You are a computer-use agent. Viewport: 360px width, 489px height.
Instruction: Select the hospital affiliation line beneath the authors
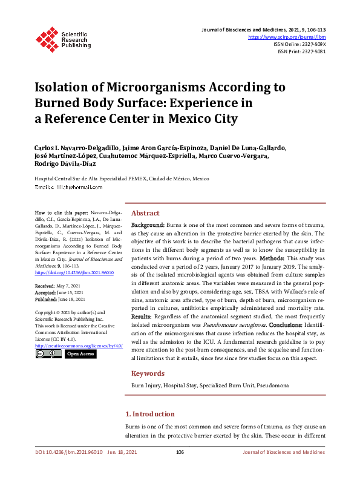point(122,179)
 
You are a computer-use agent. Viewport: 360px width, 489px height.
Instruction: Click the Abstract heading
point(145,213)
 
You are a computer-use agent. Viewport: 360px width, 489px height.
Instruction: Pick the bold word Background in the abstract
point(148,225)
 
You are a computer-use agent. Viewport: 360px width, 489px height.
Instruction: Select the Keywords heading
point(148,373)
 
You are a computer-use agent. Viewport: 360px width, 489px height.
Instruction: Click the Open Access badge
point(80,353)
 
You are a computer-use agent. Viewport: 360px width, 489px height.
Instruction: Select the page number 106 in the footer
point(180,452)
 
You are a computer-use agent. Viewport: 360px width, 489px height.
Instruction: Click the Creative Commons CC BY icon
point(48,353)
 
